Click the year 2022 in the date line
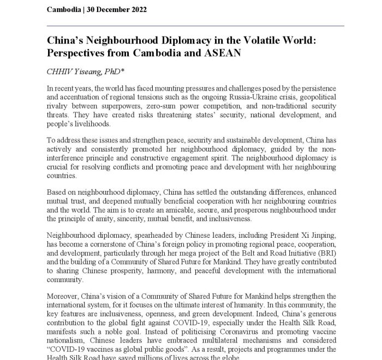(x=135, y=10)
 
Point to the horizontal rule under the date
(x=196, y=26)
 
